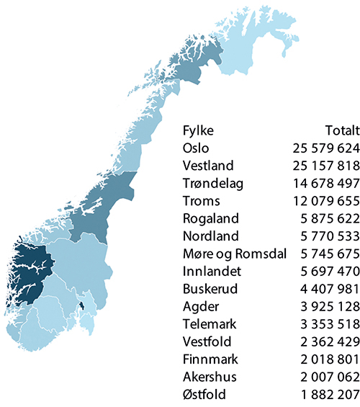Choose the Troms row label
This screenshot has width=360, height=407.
click(201, 201)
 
